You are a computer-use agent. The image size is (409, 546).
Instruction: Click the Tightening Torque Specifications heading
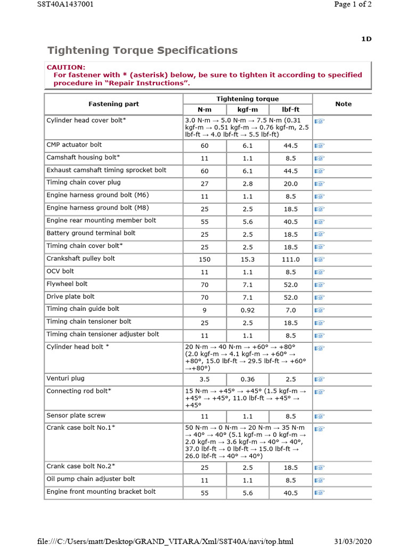(x=142, y=51)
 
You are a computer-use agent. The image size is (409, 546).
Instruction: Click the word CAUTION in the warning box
(x=66, y=67)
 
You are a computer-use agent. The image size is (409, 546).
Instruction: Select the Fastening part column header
(x=113, y=104)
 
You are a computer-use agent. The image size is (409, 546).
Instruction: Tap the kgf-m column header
(x=247, y=110)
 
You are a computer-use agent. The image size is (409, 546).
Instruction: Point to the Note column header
(x=343, y=104)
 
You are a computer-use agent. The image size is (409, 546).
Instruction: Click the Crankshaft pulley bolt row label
(x=80, y=259)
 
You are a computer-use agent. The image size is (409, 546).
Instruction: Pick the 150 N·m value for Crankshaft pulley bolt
(x=204, y=260)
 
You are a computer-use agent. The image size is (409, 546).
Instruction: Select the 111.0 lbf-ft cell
(x=291, y=260)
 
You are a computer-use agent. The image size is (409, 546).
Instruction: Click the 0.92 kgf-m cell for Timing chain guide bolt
(x=247, y=310)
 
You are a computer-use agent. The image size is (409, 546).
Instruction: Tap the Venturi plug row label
(x=66, y=379)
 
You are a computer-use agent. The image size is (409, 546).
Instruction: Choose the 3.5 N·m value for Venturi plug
(x=204, y=380)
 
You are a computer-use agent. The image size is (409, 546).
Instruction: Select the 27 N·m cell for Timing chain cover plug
(x=204, y=183)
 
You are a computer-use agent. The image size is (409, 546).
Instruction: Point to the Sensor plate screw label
(x=76, y=415)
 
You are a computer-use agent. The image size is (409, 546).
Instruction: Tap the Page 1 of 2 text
(x=352, y=4)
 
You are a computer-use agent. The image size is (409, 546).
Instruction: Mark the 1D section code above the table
(x=366, y=39)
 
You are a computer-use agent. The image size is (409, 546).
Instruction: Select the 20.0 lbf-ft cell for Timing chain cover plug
(x=291, y=183)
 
